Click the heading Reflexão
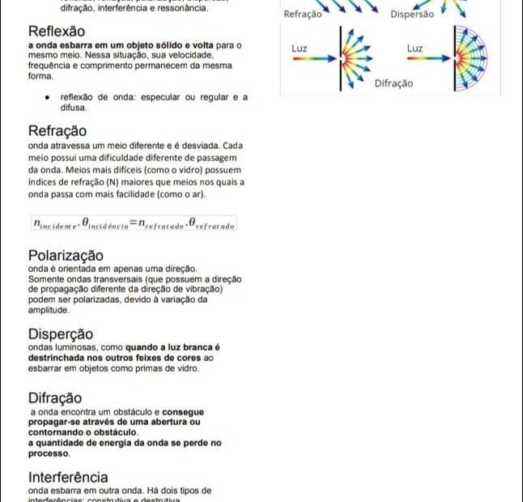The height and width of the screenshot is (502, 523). pyautogui.click(x=56, y=32)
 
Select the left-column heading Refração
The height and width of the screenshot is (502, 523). pyautogui.click(x=57, y=130)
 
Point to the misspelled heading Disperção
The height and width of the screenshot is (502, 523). pyautogui.click(x=61, y=334)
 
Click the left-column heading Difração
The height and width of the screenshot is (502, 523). pyautogui.click(x=55, y=398)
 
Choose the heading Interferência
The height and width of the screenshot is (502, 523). pyautogui.click(x=68, y=477)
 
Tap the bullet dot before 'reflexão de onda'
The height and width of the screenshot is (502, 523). pyautogui.click(x=49, y=97)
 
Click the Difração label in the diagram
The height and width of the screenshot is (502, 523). pyautogui.click(x=393, y=83)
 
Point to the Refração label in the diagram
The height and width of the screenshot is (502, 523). pyautogui.click(x=303, y=14)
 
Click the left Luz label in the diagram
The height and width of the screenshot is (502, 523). pyautogui.click(x=299, y=49)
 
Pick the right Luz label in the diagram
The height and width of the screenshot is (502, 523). pyautogui.click(x=415, y=49)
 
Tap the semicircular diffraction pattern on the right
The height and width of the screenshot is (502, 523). pyautogui.click(x=470, y=58)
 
